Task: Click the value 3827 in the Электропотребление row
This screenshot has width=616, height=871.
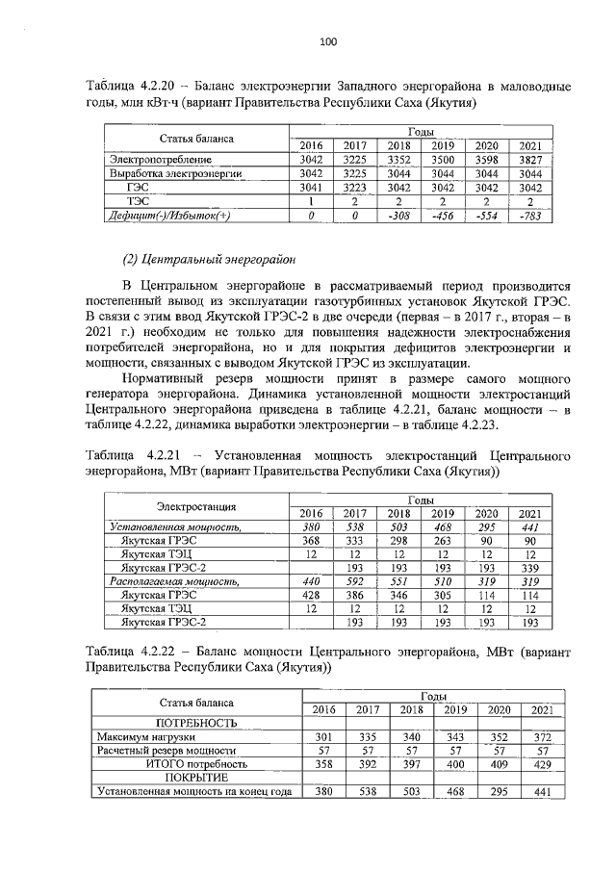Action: [527, 159]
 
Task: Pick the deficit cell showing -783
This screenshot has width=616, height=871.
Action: [527, 217]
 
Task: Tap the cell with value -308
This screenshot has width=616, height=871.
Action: [398, 217]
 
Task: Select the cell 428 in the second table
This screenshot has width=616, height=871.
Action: [311, 596]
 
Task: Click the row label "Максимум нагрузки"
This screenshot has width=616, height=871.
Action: [133, 737]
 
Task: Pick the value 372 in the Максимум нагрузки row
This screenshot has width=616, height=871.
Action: [542, 737]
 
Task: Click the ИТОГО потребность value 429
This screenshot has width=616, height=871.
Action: [542, 764]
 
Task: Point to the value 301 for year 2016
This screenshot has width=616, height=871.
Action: [323, 737]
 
